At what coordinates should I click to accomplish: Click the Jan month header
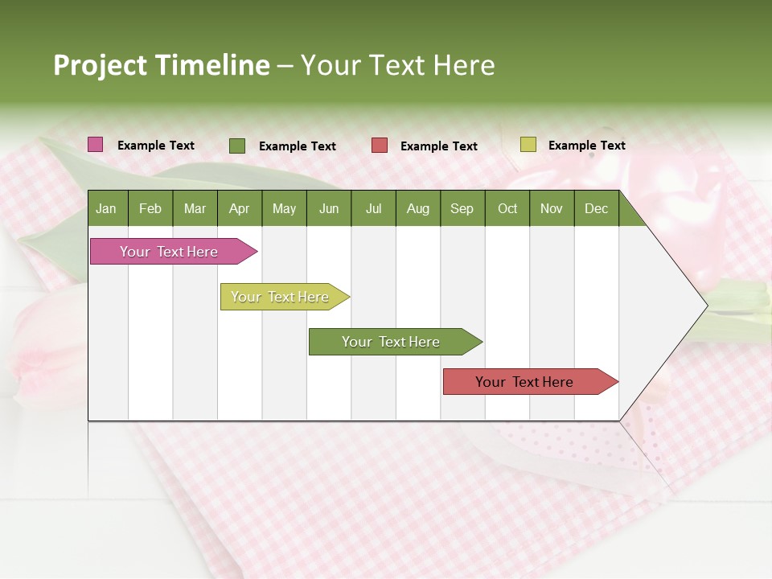point(106,209)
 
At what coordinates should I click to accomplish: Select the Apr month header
point(239,209)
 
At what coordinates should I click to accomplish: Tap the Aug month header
point(417,209)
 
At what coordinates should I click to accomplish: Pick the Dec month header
point(596,209)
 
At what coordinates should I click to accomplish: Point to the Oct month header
point(507,209)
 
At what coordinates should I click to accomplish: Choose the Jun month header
point(328,209)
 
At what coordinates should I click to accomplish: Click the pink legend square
point(95,145)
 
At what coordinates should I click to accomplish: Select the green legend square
point(236,146)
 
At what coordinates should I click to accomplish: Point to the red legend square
point(379,146)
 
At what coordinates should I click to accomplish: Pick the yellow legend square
point(528,145)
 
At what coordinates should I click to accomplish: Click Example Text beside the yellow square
point(586,146)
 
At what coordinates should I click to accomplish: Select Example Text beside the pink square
point(155,146)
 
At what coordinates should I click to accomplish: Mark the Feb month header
point(150,209)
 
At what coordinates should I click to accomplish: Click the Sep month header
point(462,209)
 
